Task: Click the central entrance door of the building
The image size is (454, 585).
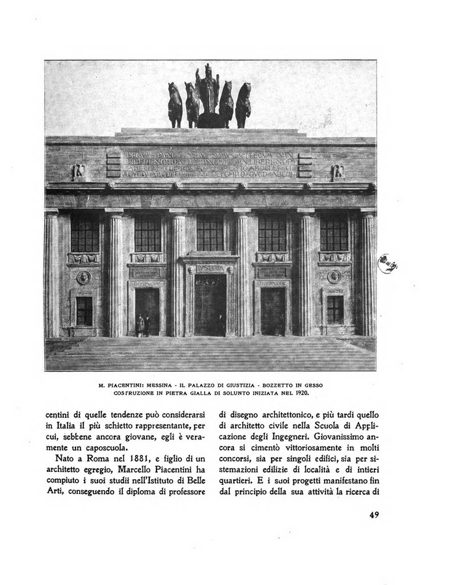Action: (x=209, y=304)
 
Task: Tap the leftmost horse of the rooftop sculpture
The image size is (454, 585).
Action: (x=175, y=104)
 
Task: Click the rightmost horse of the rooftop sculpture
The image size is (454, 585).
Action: (x=243, y=104)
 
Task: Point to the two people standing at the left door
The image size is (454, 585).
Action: (x=144, y=324)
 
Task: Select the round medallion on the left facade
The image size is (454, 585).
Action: (x=84, y=278)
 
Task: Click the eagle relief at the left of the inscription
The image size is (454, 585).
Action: (x=79, y=171)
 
